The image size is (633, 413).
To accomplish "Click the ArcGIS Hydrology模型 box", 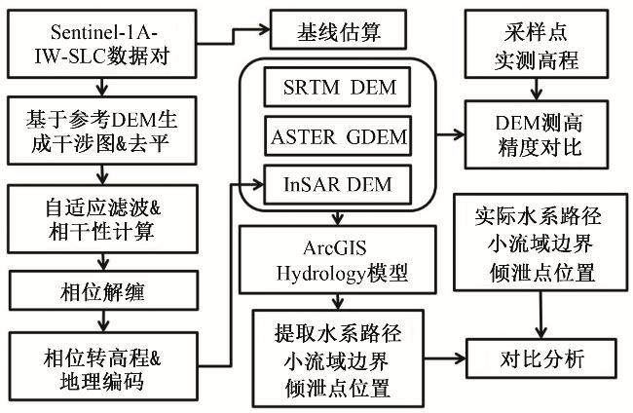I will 335,257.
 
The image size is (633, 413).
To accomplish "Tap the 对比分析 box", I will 540,357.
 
